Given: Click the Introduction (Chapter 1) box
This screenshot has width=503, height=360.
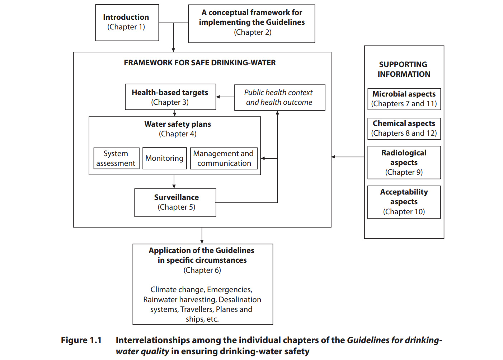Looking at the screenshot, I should click(127, 22).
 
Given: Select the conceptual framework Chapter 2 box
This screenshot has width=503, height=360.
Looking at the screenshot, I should click(251, 23).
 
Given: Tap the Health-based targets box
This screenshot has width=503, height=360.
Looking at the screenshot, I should click(170, 97).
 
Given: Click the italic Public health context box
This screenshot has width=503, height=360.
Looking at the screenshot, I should click(279, 97).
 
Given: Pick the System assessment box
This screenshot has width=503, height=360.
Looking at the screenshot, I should click(116, 158).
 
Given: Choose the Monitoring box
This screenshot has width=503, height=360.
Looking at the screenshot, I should click(164, 158).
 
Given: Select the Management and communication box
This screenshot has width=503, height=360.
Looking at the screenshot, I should click(224, 158).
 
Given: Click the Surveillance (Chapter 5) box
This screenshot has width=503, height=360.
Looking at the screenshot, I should click(175, 202).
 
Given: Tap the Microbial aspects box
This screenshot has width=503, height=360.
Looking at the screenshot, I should click(404, 99).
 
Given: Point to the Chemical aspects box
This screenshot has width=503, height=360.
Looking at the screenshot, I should click(404, 128).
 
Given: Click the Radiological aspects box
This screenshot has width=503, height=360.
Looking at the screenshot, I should click(404, 162).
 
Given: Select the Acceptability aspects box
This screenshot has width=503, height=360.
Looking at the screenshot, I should click(404, 202).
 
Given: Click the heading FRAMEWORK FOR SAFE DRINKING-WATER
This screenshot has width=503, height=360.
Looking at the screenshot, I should click(200, 63).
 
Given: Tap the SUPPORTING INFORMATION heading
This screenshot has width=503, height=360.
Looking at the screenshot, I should click(404, 69).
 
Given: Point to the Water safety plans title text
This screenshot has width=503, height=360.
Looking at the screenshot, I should click(178, 124).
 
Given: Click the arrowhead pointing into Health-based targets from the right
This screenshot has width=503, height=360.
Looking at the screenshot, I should click(218, 97).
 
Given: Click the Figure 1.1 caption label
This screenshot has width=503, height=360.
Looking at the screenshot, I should click(81, 340).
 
